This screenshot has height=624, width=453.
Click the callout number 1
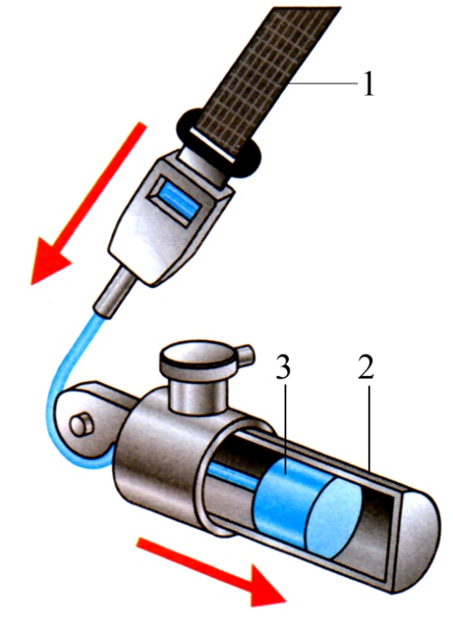tap(369, 83)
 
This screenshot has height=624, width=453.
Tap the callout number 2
tap(366, 367)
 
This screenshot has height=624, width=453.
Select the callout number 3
tap(283, 367)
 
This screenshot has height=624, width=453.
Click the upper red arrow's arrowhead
tap(50, 261)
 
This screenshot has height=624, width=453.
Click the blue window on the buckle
tap(179, 201)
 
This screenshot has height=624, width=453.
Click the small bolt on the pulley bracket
tap(82, 425)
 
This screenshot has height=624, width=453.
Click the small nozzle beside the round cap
tap(245, 354)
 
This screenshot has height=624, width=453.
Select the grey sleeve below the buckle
tap(114, 292)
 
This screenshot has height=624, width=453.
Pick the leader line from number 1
tap(324, 83)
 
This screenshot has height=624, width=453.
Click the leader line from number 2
tap(369, 429)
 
